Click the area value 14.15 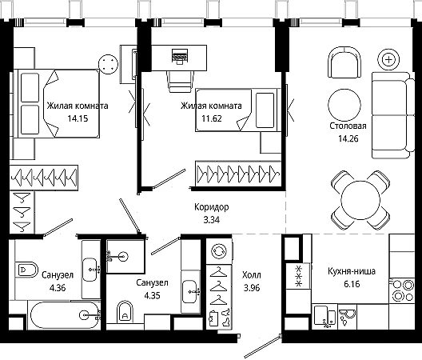pyautogui.click(x=78, y=118)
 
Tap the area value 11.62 pyautogui.click(x=212, y=118)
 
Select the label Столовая pyautogui.click(x=348, y=126)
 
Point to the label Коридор pyautogui.click(x=212, y=207)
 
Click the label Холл pyautogui.click(x=252, y=275)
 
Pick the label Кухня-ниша pyautogui.click(x=352, y=271)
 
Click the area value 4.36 pyautogui.click(x=58, y=288)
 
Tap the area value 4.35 pyautogui.click(x=152, y=295)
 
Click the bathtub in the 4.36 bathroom pyautogui.click(x=64, y=315)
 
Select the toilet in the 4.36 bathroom pyautogui.click(x=26, y=269)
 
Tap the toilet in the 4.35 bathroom pyautogui.click(x=125, y=311)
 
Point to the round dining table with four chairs pyautogui.click(x=360, y=200)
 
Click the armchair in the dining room pyautogui.click(x=344, y=62)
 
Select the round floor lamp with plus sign pyautogui.click(x=388, y=59)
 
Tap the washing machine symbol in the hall pyautogui.click(x=219, y=251)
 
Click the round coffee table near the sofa pyautogui.click(x=344, y=105)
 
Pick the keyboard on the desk pyautogui.click(x=180, y=57)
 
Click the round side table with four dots pyautogui.click(x=108, y=65)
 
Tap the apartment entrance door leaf pyautogui.click(x=262, y=346)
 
